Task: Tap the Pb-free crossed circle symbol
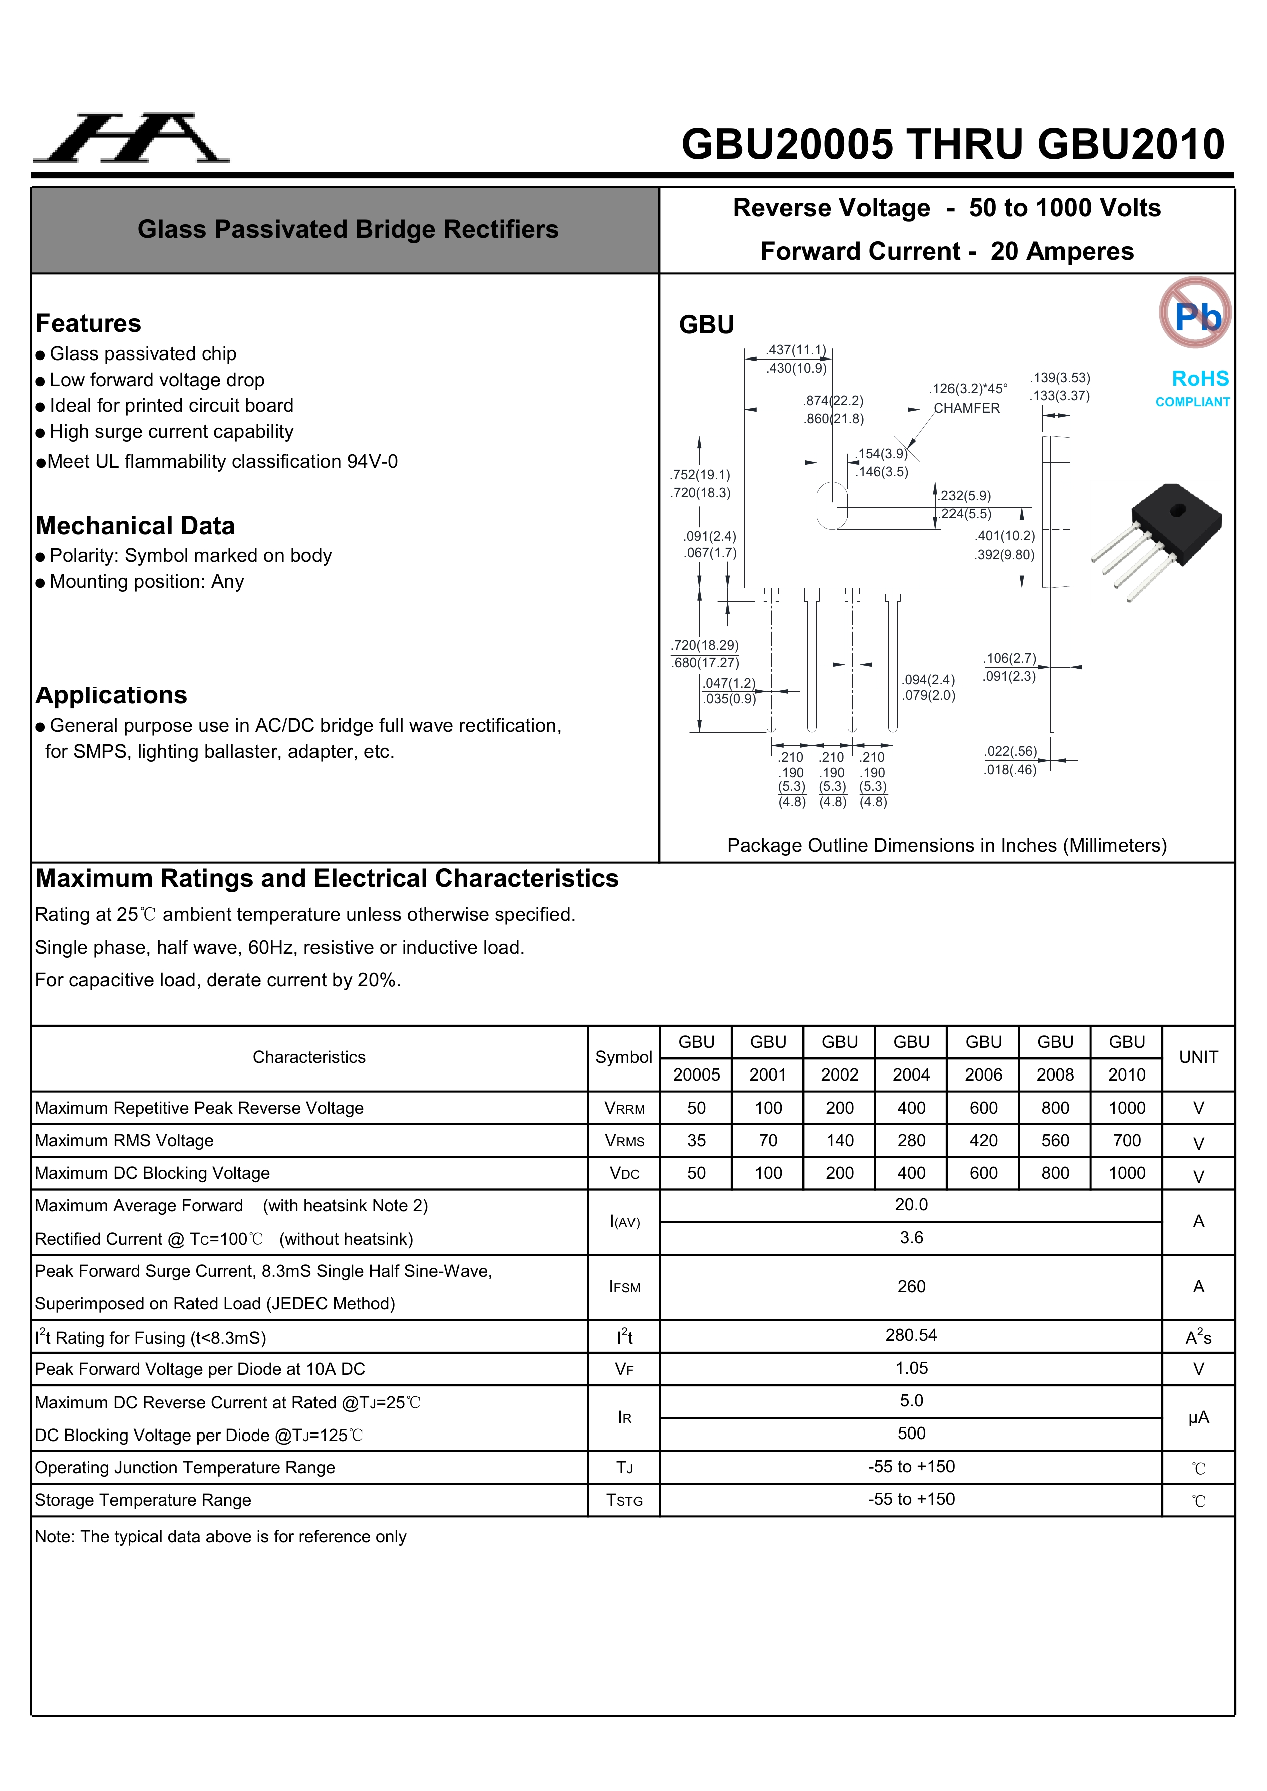1195,313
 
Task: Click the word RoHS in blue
1200,379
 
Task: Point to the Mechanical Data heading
135,526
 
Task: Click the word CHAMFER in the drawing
966,408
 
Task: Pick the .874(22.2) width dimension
833,400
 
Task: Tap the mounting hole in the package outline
832,506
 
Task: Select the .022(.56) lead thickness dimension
1010,751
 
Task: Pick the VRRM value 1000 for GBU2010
1127,1108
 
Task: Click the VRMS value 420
983,1141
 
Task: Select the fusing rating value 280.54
911,1335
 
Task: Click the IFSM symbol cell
624,1287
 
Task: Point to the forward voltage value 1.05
911,1368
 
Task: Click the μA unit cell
1198,1417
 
